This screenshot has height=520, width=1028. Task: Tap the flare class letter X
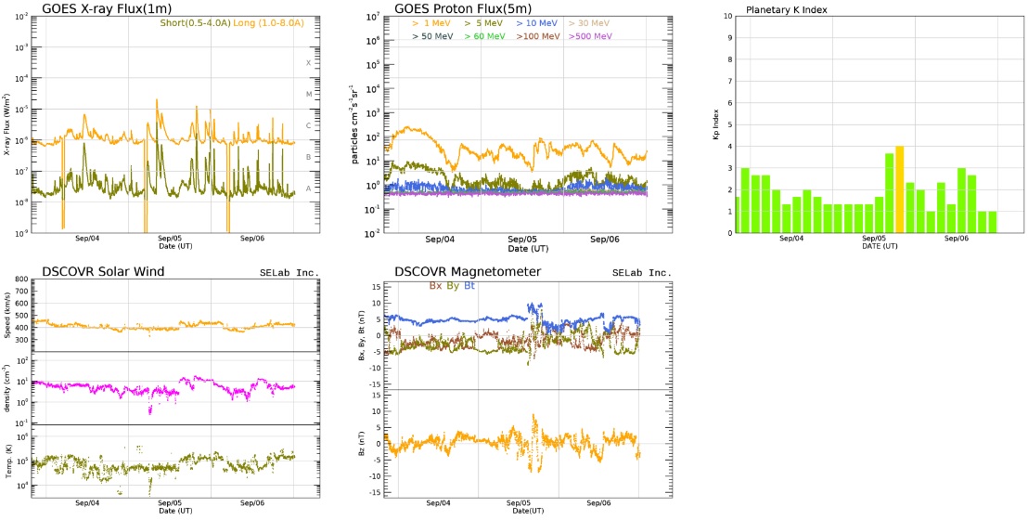309,63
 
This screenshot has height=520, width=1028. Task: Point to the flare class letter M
309,94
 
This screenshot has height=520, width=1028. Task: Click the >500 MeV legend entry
591,36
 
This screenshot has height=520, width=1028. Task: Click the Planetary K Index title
787,10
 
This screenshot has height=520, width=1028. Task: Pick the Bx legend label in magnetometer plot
436,286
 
